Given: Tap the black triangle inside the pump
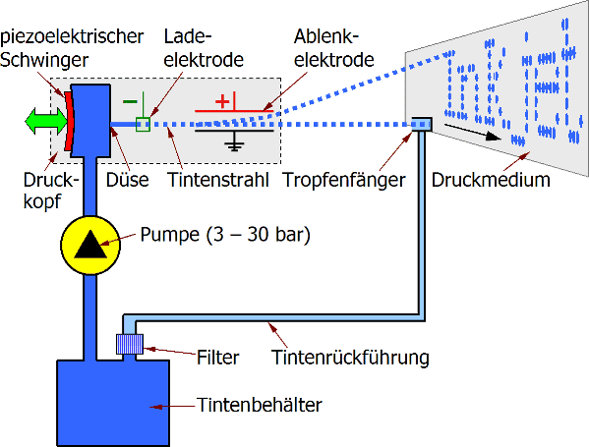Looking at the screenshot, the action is click(90, 245).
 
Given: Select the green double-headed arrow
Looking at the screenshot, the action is click(46, 121).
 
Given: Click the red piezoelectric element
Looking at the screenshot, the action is click(69, 121).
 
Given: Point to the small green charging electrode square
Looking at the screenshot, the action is click(143, 124).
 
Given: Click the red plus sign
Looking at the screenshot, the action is click(222, 101).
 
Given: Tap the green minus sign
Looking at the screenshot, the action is click(130, 101).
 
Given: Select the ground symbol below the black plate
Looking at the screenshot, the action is click(234, 141).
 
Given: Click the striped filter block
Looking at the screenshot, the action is click(130, 344).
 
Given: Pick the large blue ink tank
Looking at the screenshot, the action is click(113, 403).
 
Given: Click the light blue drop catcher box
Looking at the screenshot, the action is click(422, 124).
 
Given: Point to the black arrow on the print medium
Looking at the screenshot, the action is click(472, 132).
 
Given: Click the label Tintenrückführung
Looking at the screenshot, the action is click(350, 357).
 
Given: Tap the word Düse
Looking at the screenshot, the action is click(128, 180).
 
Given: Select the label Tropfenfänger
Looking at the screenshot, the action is click(344, 180).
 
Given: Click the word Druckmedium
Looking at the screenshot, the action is click(491, 180).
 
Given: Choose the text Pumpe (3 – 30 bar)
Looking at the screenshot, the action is click(225, 235).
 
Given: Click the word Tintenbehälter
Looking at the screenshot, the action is click(260, 405).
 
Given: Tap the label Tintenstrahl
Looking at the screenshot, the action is click(218, 180).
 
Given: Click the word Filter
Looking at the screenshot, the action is click(218, 358).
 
